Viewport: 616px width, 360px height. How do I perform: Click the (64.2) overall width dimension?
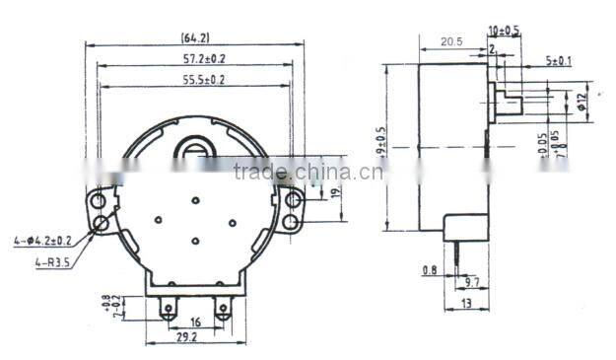click(x=193, y=38)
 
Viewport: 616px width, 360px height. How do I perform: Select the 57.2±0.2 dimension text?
click(x=193, y=59)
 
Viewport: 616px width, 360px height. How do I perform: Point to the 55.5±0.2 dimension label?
click(x=193, y=79)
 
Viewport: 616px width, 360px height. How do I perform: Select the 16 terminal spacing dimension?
click(x=196, y=322)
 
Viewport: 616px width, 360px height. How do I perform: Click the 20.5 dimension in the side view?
click(x=451, y=41)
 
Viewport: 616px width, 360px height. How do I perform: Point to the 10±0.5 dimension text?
click(x=504, y=32)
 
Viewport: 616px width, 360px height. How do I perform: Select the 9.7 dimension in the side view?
click(x=473, y=282)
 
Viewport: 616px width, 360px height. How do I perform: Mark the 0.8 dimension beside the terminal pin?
click(x=431, y=269)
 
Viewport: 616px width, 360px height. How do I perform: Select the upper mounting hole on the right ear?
click(x=293, y=200)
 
